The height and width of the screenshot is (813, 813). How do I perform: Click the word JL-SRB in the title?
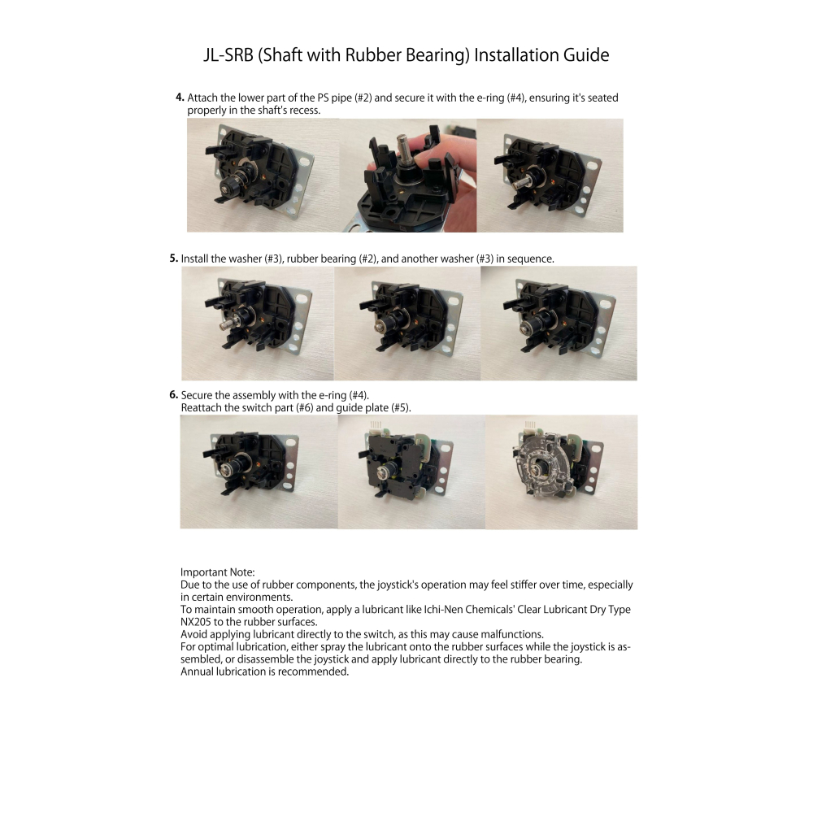click(228, 55)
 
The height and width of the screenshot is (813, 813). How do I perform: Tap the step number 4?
click(180, 98)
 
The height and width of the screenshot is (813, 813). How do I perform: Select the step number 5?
click(174, 259)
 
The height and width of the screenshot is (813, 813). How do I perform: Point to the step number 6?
click(174, 394)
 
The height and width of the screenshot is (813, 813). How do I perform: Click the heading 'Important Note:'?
click(218, 572)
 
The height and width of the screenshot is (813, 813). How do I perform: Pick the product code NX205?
click(195, 622)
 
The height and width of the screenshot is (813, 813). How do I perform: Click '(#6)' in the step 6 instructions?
click(304, 407)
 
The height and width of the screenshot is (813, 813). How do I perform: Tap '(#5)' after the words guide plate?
click(401, 407)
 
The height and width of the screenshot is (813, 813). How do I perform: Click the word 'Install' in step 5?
click(194, 259)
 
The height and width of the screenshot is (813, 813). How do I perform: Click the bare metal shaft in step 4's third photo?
click(522, 181)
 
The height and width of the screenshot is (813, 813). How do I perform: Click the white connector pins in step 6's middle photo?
click(376, 424)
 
